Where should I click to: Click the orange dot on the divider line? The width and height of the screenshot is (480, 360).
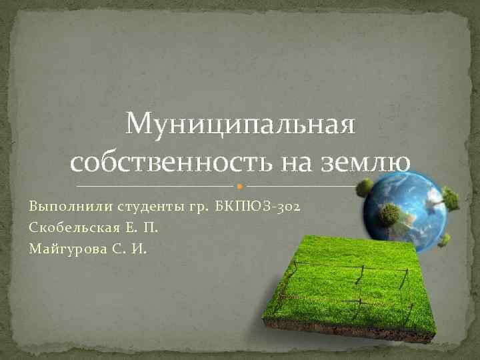pos(239,185)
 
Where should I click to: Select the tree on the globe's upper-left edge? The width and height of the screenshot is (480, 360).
pos(365,187)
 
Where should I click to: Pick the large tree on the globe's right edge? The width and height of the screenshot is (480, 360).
pos(451,198)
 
